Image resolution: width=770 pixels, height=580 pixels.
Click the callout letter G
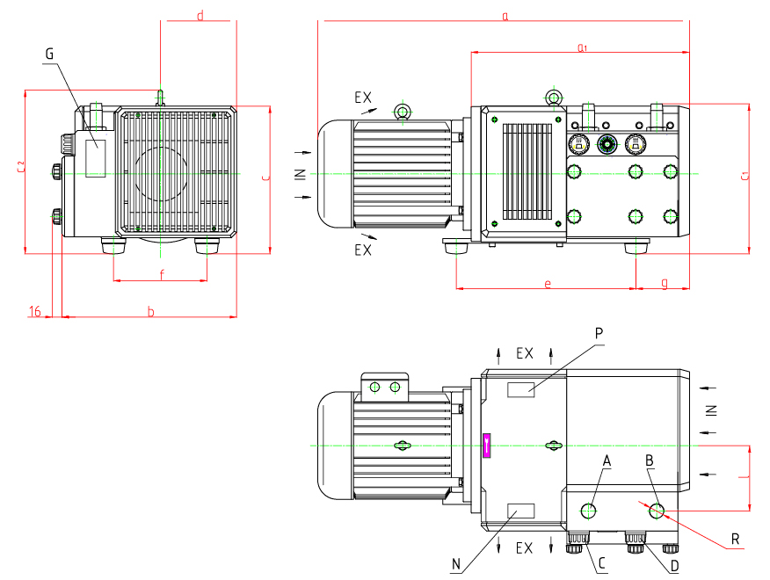(x=49, y=54)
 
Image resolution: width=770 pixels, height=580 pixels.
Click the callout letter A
(x=606, y=460)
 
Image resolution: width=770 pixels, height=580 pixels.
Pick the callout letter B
(x=650, y=460)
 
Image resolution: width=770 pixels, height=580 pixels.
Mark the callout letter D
(x=674, y=565)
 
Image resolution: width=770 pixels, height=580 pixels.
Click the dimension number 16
(x=35, y=311)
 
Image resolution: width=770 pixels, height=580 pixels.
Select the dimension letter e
(x=547, y=283)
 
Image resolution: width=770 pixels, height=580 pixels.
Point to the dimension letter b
(x=150, y=311)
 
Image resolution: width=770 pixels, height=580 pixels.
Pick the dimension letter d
(x=200, y=16)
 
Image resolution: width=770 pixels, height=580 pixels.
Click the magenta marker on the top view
(x=487, y=446)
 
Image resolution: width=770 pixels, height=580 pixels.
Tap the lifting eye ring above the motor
(x=402, y=111)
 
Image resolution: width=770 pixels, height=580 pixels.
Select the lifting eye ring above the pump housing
(x=554, y=98)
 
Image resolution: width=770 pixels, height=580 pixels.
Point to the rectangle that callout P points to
(x=520, y=389)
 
